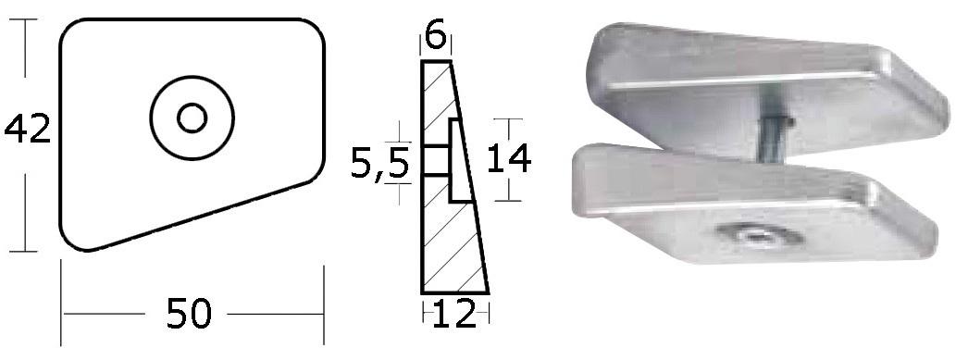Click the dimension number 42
pyautogui.click(x=27, y=129)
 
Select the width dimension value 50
pyautogui.click(x=189, y=313)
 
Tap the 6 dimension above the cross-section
pyautogui.click(x=435, y=37)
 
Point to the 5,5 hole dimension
pyautogui.click(x=379, y=165)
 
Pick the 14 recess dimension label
pyautogui.click(x=509, y=158)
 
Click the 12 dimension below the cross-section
pyautogui.click(x=455, y=314)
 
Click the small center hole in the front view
pyautogui.click(x=192, y=118)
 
